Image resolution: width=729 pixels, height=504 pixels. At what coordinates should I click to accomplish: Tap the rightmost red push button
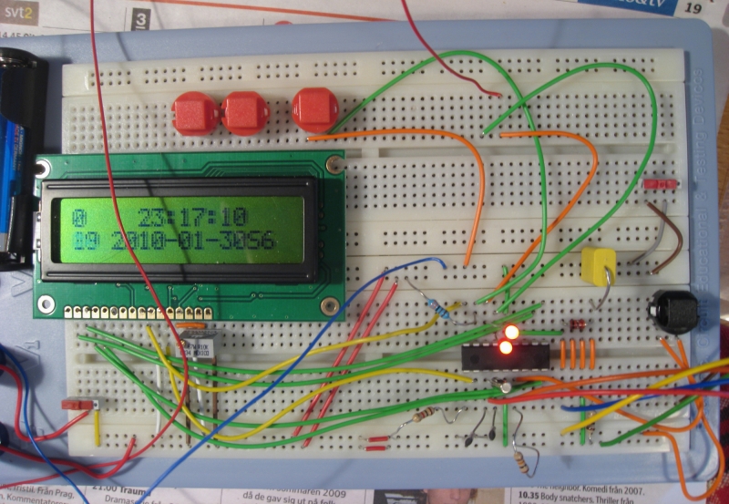tap(314, 108)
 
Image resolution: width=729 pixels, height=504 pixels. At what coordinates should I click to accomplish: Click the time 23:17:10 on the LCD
tap(192, 217)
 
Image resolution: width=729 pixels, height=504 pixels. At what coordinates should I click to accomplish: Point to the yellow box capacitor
tap(600, 265)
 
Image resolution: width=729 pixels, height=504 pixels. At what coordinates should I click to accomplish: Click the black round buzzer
tap(673, 312)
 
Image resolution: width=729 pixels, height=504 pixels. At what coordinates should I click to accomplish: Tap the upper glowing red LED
tap(512, 332)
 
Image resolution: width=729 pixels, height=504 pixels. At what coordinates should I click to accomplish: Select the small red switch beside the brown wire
tap(660, 184)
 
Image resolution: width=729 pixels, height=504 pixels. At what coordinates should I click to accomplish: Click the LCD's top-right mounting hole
tap(334, 165)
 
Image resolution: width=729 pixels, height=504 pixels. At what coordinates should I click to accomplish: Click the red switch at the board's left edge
tap(77, 404)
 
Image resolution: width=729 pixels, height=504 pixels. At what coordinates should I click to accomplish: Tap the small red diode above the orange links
tap(576, 324)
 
